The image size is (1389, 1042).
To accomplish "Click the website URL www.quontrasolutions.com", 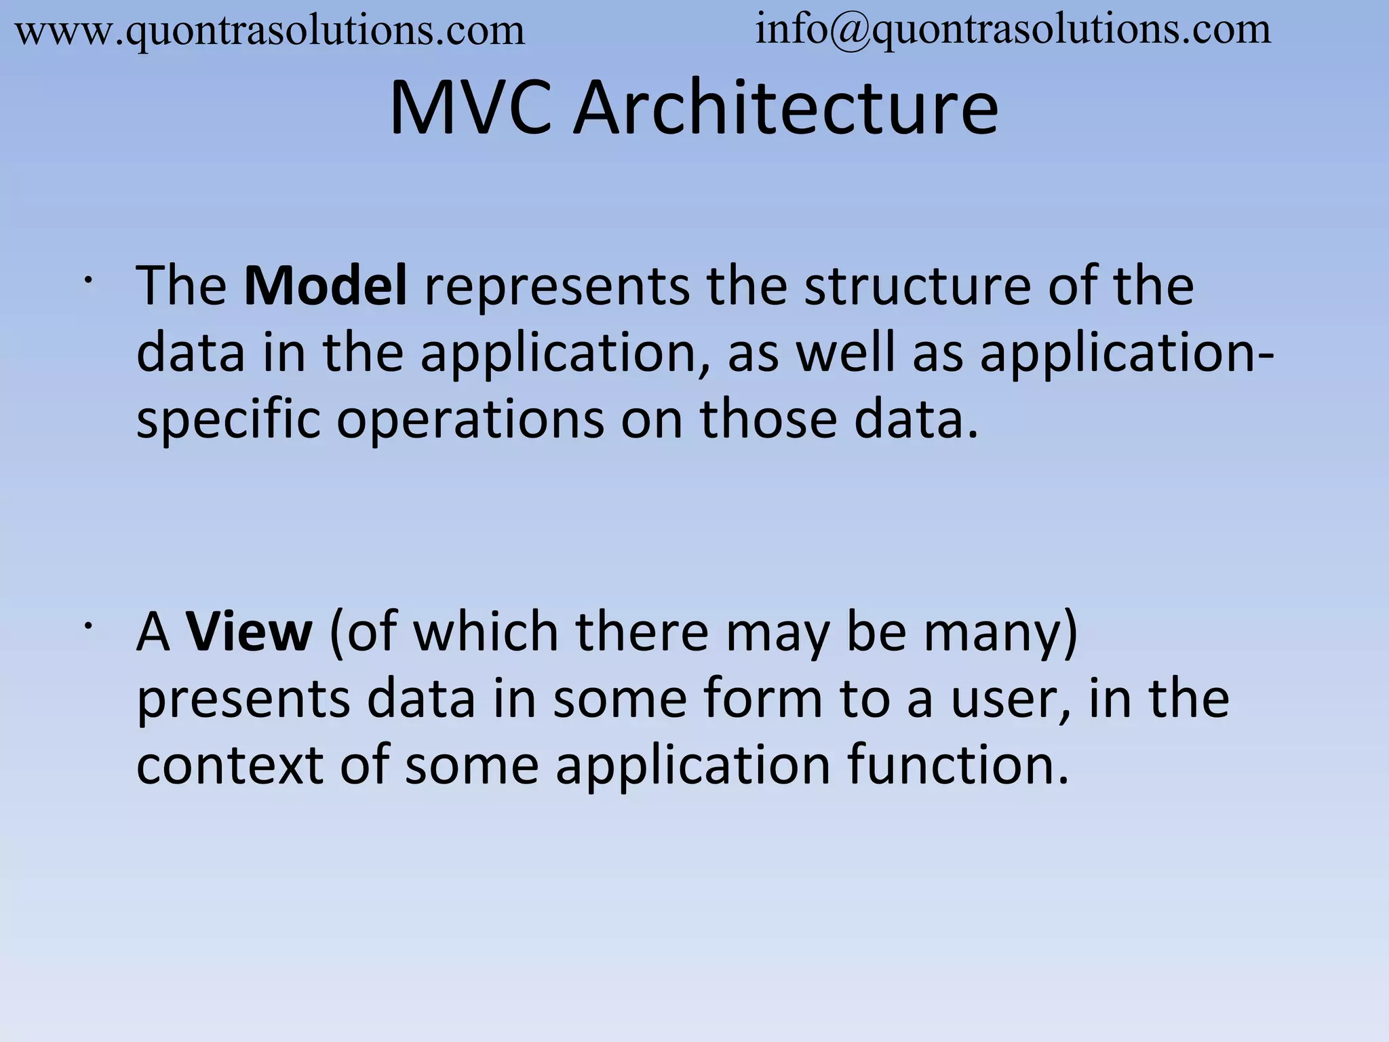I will tap(270, 31).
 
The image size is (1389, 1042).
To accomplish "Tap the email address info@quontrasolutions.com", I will tap(1013, 30).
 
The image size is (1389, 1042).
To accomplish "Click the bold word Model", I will tap(326, 286).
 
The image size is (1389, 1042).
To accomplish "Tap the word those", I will tap(768, 419).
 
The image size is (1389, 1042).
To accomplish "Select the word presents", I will tap(243, 700).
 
